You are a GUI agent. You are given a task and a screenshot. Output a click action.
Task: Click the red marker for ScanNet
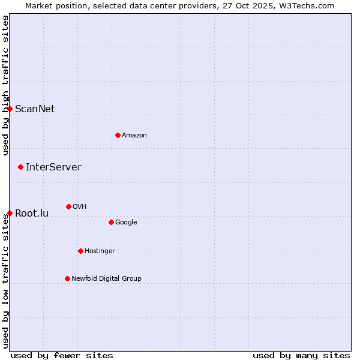[x=10, y=109]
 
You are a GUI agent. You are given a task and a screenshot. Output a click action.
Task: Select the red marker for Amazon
[x=118, y=135]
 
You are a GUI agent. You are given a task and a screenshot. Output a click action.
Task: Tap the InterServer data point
[x=20, y=167]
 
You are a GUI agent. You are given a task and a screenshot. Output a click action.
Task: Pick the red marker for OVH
[x=68, y=206]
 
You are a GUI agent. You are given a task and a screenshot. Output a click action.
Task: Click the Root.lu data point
[x=10, y=213]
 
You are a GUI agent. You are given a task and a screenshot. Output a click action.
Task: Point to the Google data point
[x=111, y=222]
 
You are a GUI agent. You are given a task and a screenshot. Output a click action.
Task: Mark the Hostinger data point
[x=80, y=251]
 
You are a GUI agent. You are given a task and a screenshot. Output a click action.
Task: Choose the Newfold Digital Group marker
[x=67, y=278]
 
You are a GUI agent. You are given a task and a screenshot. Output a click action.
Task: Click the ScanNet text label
[x=35, y=109]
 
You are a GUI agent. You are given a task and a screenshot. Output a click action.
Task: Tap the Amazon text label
[x=134, y=135]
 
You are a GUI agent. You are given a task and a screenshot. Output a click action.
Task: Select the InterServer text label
[x=53, y=167]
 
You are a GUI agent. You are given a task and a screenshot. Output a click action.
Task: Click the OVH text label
[x=80, y=206]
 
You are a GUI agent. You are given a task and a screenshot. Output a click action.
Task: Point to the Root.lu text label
[x=32, y=213]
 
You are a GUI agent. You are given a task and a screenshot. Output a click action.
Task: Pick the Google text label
[x=126, y=222]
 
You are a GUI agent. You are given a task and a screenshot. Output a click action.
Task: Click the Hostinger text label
[x=100, y=251]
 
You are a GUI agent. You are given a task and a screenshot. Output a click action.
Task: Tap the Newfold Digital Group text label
[x=106, y=278]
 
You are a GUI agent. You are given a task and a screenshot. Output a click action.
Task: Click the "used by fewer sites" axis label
[x=62, y=355]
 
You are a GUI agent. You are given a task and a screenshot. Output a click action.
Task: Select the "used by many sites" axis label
[x=301, y=355]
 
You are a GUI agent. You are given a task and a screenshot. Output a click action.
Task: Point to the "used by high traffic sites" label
[x=5, y=85]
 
